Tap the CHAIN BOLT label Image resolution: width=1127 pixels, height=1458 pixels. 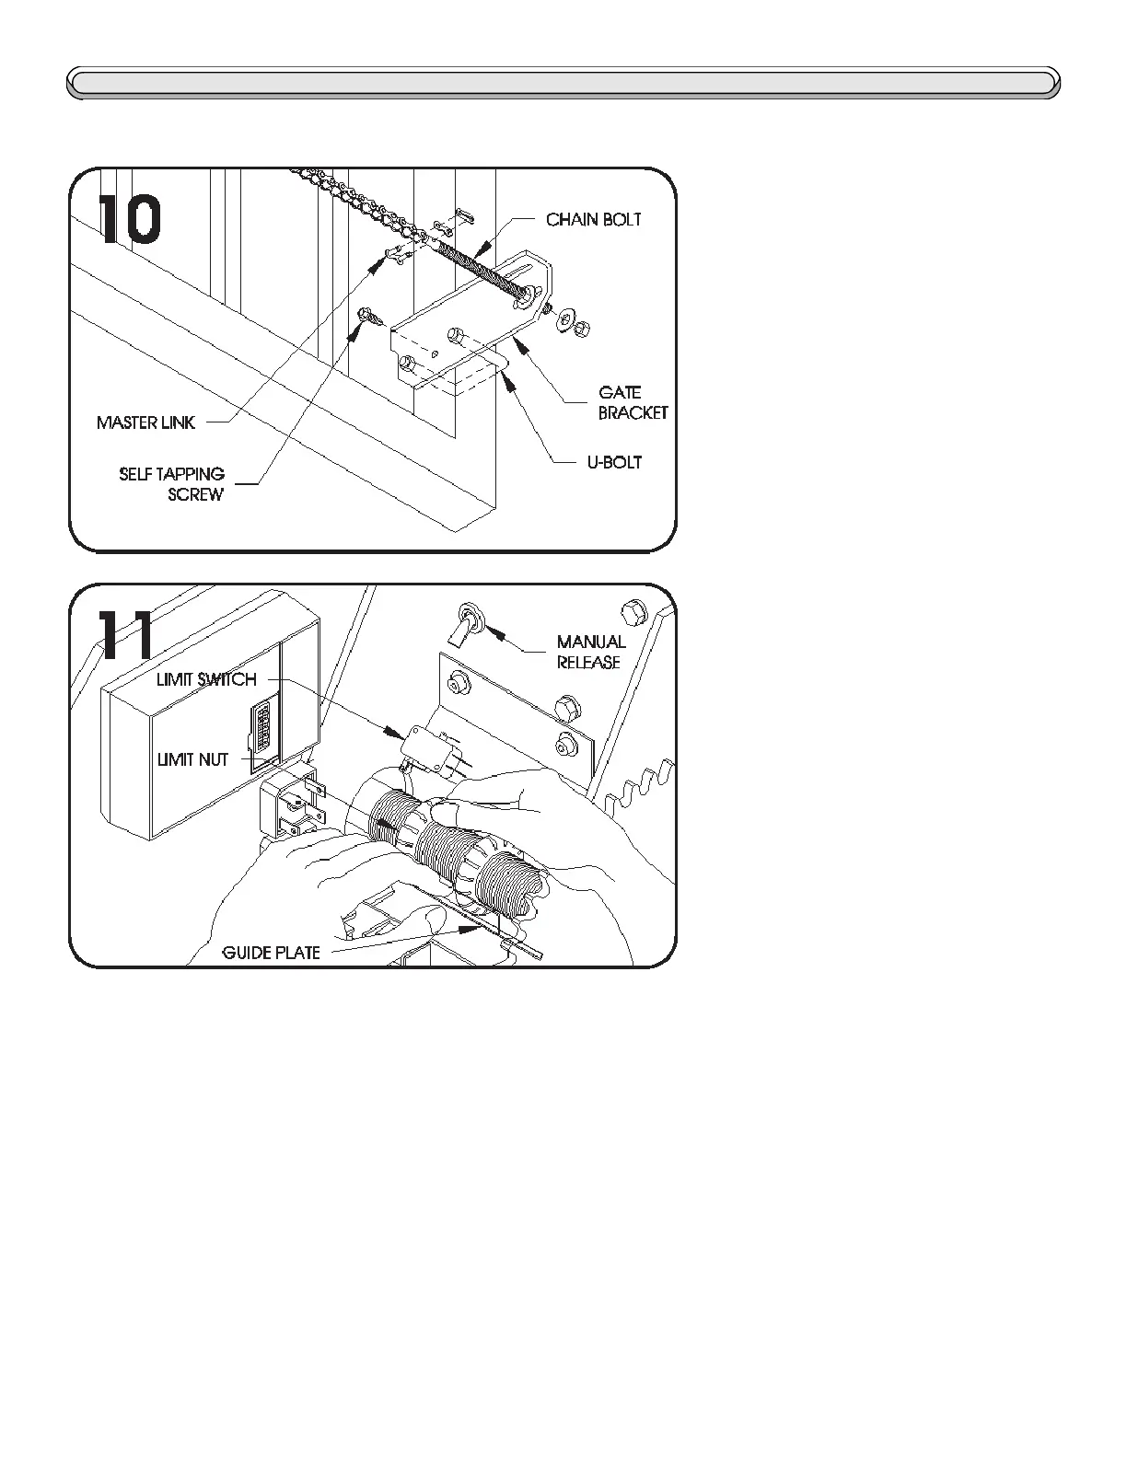click(x=593, y=220)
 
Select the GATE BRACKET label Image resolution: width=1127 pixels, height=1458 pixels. click(x=633, y=403)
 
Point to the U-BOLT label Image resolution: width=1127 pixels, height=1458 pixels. click(x=614, y=462)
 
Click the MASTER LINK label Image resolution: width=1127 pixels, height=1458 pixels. click(x=145, y=423)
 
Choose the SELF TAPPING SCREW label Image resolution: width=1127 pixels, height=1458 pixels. click(x=173, y=484)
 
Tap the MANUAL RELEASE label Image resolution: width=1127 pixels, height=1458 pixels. click(x=590, y=652)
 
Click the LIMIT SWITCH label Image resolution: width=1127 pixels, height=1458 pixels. click(x=206, y=680)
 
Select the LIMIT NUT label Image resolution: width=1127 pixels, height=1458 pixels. click(x=192, y=760)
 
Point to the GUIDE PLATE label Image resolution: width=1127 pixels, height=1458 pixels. click(x=272, y=953)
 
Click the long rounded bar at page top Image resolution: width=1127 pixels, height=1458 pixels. click(x=563, y=83)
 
